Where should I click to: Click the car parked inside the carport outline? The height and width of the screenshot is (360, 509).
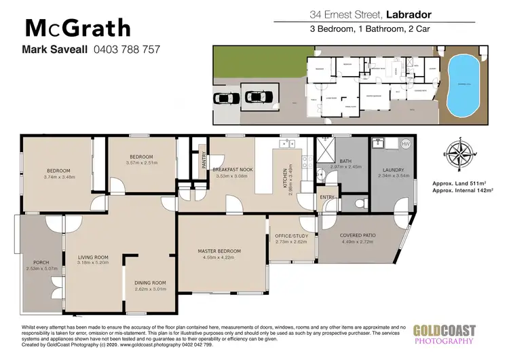click(x=255, y=99)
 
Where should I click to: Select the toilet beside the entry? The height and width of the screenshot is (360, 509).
click(x=358, y=203)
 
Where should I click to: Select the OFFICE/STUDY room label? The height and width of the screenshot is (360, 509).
click(x=291, y=236)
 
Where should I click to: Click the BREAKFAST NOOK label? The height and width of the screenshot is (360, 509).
click(x=233, y=169)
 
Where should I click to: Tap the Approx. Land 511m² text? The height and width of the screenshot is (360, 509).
click(x=461, y=184)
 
